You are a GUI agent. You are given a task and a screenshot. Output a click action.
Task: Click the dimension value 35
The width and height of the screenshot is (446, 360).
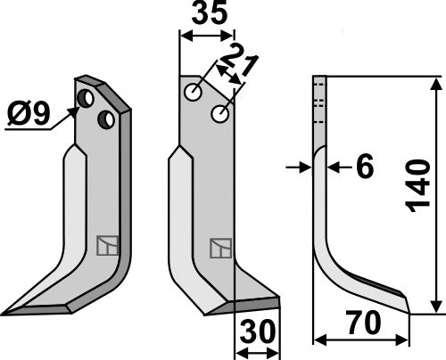[208, 17]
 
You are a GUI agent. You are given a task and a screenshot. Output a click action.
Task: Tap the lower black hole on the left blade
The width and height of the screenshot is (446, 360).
[105, 118]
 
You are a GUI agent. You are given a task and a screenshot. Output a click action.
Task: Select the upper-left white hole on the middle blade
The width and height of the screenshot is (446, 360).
[194, 93]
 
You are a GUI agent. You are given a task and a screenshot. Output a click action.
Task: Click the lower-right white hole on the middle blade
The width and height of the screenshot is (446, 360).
[219, 114]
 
